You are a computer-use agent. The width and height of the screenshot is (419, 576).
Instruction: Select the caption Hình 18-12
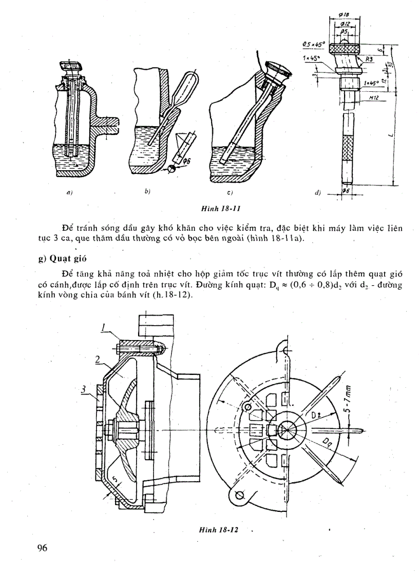tap(219, 529)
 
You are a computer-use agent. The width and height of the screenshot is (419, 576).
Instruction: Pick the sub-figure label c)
tap(231, 193)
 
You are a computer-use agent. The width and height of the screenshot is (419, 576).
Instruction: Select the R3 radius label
tap(368, 60)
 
